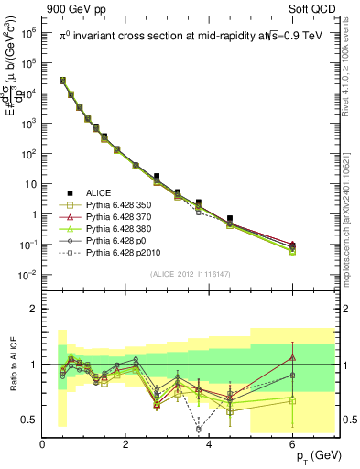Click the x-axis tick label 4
210,444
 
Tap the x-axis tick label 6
293,444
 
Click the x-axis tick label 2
126,444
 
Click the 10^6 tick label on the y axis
27,32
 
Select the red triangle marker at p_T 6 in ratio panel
292,357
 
